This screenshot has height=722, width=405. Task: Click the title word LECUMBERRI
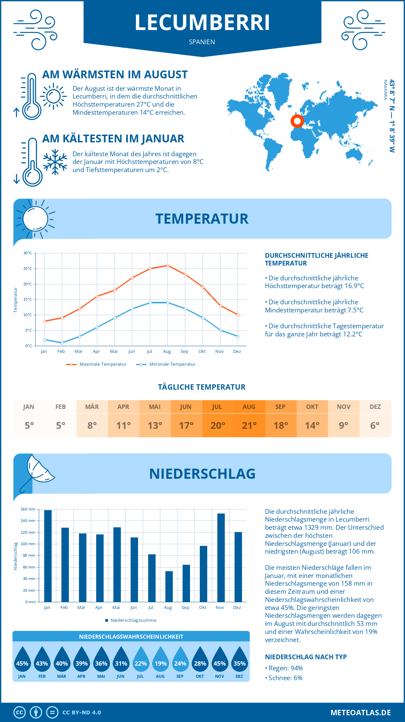click(x=202, y=23)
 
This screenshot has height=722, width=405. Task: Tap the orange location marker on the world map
click(x=297, y=121)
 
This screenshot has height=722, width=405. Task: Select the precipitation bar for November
click(x=221, y=557)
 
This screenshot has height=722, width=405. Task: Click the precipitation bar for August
click(x=169, y=586)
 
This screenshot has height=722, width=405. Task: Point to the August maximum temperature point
click(x=168, y=266)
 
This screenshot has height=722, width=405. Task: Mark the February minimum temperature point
click(x=62, y=343)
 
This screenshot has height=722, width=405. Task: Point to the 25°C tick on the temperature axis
click(x=28, y=269)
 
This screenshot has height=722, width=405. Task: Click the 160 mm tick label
click(x=28, y=509)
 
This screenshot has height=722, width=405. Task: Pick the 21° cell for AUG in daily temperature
click(x=249, y=425)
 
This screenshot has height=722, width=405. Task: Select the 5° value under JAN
click(x=29, y=425)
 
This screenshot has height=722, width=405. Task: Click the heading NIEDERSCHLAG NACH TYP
click(x=306, y=657)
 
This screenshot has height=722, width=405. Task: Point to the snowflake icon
click(x=55, y=162)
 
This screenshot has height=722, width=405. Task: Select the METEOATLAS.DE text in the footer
click(x=360, y=713)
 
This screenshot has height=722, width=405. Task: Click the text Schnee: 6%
click(x=285, y=678)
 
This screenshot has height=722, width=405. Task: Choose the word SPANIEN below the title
click(x=202, y=42)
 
